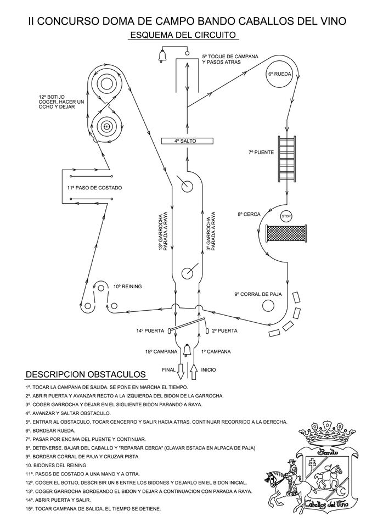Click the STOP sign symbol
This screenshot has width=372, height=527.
tap(286, 216)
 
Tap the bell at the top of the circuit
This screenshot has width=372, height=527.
tap(162, 55)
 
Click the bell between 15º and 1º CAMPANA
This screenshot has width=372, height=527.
tap(187, 351)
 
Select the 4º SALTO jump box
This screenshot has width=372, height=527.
tap(187, 141)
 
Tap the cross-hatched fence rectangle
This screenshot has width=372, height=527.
tap(286, 233)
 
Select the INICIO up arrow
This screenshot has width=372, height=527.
tap(194, 372)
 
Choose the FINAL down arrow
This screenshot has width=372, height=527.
tap(181, 372)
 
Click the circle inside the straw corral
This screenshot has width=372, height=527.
tap(268, 306)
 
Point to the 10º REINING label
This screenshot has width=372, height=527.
tap(127, 287)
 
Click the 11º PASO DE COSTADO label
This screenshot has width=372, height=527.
tap(94, 188)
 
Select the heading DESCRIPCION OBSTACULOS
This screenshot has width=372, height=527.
tap(86, 374)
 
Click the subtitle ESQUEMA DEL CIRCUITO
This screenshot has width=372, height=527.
tap(183, 35)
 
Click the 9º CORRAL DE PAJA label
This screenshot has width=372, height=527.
tap(258, 294)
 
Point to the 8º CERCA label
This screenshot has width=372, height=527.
tap(249, 214)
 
